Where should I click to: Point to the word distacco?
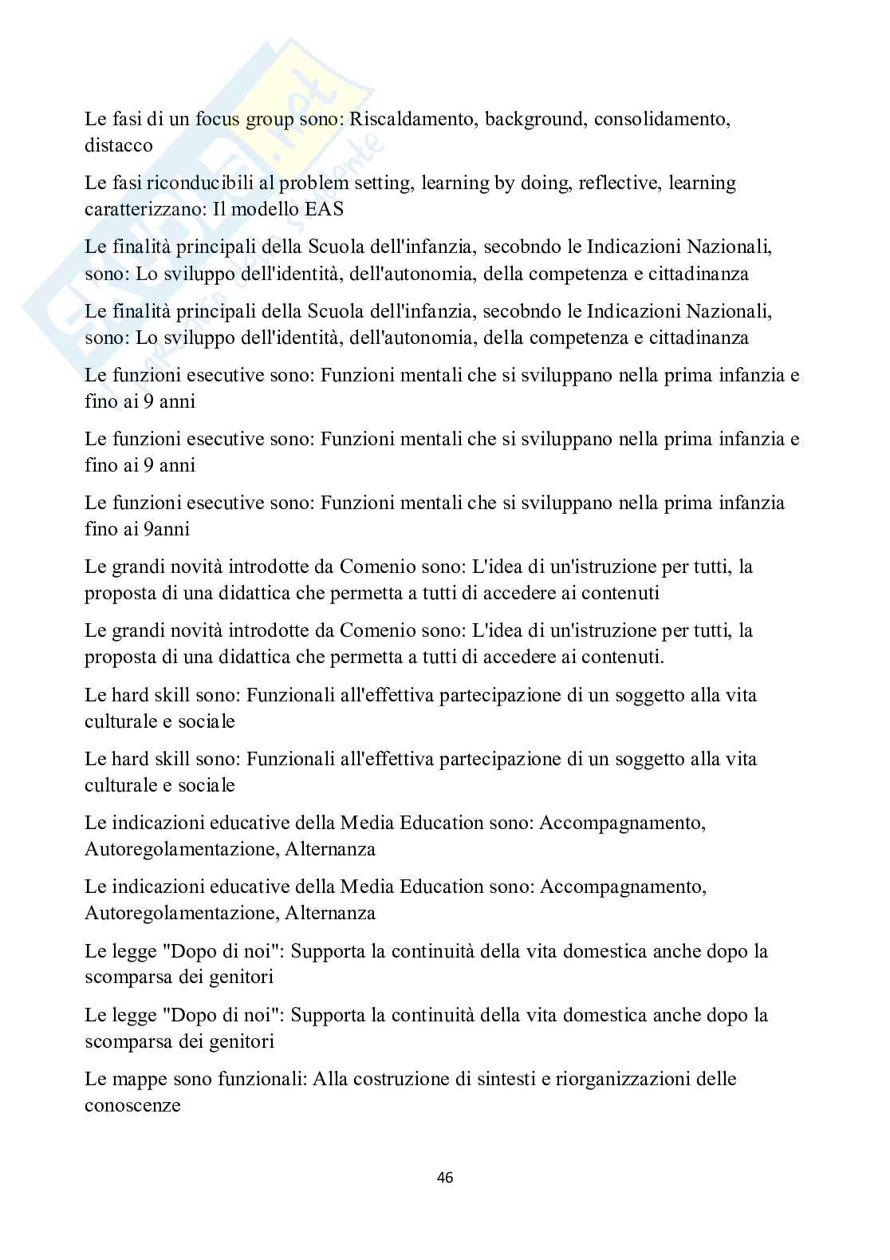tap(119, 146)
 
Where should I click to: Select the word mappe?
tap(135, 1080)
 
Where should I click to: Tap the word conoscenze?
tap(132, 1105)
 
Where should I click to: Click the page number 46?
tap(445, 1178)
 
